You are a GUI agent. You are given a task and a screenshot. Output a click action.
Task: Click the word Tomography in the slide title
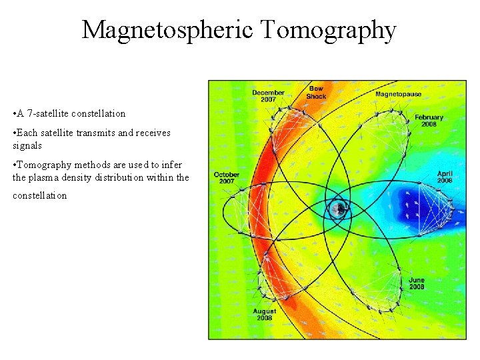(x=329, y=30)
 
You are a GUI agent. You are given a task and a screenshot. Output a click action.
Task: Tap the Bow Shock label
(x=316, y=93)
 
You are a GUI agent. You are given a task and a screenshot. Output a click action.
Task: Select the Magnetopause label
(x=398, y=95)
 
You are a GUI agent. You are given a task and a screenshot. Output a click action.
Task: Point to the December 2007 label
(x=268, y=96)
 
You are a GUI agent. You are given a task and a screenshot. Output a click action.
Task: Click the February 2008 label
(x=429, y=121)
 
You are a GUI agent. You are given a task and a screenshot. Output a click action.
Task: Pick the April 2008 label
(x=445, y=177)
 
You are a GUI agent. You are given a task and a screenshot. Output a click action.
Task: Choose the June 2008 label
(x=417, y=283)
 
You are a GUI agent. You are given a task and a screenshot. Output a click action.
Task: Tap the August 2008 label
(x=265, y=315)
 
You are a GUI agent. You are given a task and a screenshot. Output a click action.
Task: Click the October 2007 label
(x=227, y=178)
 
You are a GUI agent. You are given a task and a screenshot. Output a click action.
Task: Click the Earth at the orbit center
(x=339, y=209)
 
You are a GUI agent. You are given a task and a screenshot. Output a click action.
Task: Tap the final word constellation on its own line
(x=39, y=196)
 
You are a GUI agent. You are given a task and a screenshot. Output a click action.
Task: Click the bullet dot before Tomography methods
(x=15, y=165)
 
